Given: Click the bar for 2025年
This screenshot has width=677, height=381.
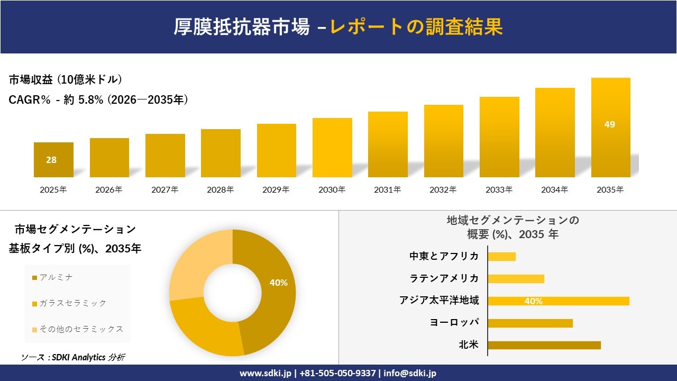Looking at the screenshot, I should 53,160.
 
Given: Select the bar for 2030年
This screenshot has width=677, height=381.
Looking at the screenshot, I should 332,148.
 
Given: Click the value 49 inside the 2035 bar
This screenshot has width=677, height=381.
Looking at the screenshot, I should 610,125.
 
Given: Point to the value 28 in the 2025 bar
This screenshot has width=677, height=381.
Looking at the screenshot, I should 51,160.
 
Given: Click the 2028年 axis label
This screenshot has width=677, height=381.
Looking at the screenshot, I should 220,189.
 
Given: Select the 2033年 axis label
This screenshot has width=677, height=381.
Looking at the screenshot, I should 499,189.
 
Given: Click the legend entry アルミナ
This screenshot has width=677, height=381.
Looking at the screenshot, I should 56,277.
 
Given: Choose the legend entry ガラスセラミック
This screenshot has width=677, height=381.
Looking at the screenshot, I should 72,303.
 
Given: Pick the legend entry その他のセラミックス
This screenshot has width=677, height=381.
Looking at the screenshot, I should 81,329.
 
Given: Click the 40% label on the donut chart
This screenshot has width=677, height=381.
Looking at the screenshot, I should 278,283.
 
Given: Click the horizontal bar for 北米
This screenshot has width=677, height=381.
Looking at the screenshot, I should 544,345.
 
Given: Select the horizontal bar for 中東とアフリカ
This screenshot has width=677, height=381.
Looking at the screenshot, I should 501,257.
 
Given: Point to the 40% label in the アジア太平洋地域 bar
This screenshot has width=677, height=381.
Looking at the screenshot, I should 533,301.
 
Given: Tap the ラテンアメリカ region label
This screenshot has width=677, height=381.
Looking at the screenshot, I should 444,278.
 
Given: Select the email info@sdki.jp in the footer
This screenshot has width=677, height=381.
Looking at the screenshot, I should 410,373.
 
